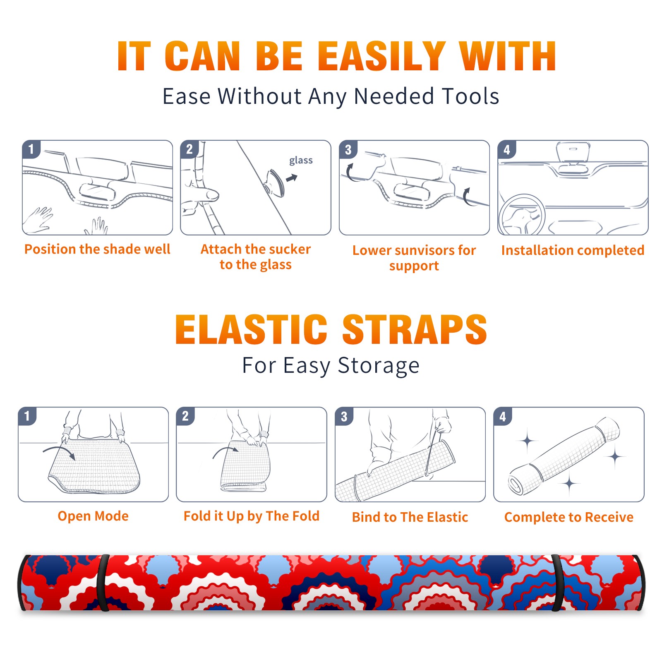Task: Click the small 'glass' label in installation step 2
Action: (301, 161)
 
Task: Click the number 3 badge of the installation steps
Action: (348, 150)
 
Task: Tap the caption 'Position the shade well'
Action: (97, 249)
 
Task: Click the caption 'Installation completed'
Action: (573, 250)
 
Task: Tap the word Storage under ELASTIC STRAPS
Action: (379, 366)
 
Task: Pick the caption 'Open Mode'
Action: (93, 516)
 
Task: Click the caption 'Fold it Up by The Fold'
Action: (252, 516)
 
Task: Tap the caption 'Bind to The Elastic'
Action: (410, 517)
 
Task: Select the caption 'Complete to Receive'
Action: (569, 517)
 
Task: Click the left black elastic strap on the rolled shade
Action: (103, 583)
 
